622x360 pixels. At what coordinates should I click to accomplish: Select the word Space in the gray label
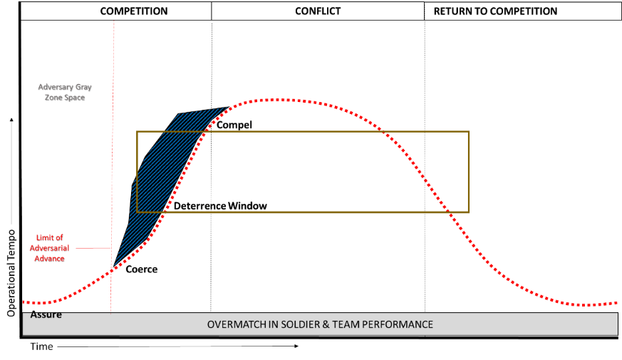(x=72, y=97)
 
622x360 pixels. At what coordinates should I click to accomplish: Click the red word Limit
(x=46, y=237)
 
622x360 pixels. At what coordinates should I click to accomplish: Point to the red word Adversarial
(x=49, y=247)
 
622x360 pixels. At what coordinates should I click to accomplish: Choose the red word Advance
(x=49, y=258)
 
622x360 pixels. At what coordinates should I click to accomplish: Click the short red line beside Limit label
(x=93, y=248)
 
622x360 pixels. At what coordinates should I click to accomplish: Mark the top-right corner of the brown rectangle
(x=469, y=131)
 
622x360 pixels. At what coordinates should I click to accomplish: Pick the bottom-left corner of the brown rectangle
(x=137, y=212)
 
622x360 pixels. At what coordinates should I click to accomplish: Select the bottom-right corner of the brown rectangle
(x=469, y=212)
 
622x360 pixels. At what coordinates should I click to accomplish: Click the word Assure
(x=46, y=314)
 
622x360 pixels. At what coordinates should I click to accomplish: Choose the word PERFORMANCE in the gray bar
(x=400, y=324)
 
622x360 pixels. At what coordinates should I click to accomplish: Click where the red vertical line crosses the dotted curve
(x=112, y=270)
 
